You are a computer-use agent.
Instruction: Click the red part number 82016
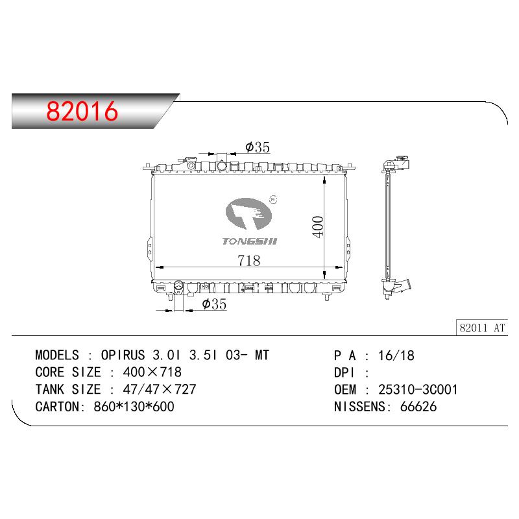[82, 110]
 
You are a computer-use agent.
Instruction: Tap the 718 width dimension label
[249, 261]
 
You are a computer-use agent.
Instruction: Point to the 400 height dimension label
[318, 226]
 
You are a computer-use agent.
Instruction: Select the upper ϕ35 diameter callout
[258, 147]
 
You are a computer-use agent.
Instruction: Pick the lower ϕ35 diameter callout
[214, 304]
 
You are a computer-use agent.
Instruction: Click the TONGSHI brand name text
[250, 241]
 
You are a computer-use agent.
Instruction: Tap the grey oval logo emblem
[248, 214]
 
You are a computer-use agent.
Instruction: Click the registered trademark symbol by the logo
[273, 200]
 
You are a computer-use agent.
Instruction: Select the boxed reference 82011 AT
[482, 328]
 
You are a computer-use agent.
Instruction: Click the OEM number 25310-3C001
[418, 390]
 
